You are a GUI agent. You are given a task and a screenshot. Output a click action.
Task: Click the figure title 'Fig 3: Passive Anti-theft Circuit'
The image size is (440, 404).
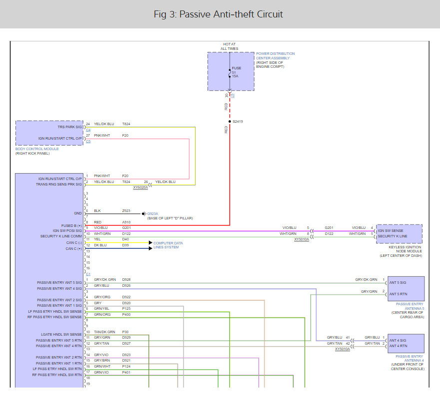218,14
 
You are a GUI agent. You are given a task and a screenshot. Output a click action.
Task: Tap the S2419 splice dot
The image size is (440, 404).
230,121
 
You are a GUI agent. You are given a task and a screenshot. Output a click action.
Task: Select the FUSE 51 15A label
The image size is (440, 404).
236,72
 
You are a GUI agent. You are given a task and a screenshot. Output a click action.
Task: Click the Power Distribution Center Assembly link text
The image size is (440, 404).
275,56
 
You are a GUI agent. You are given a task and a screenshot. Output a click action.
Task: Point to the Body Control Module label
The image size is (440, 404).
37,149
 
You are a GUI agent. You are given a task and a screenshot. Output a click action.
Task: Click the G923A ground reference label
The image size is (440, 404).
153,214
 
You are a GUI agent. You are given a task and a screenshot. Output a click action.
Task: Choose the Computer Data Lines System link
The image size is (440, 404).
168,245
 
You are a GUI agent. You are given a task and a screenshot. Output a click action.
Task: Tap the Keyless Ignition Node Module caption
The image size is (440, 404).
401,251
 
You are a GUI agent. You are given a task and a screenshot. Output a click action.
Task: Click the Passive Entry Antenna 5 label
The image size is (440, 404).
410,306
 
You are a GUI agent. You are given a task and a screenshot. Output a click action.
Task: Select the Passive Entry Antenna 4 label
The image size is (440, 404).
410,358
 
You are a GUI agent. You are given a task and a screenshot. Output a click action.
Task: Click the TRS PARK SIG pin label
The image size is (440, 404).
69,127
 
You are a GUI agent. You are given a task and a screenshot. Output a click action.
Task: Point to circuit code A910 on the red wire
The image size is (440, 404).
126,222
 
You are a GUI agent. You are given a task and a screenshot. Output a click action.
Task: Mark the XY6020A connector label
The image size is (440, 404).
140,188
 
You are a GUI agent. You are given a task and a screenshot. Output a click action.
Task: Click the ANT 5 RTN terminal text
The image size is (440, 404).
398,294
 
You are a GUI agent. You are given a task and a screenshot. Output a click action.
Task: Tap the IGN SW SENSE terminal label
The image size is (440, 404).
391,230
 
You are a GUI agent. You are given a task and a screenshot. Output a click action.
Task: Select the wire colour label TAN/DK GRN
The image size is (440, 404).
104,332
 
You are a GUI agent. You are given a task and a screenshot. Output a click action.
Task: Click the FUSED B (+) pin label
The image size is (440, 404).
71,225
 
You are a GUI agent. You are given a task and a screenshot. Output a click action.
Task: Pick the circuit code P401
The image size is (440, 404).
126,373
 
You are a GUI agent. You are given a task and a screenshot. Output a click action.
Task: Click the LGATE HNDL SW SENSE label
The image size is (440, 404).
61,335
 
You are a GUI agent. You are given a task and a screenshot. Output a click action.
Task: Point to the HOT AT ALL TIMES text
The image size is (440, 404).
229,46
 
